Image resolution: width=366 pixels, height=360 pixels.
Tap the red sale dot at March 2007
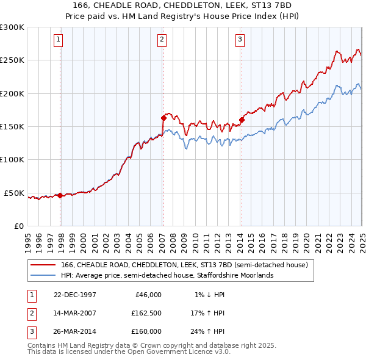[x=163, y=118]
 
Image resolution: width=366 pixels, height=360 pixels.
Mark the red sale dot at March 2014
[x=242, y=120]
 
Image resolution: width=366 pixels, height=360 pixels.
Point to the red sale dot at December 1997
[x=60, y=195]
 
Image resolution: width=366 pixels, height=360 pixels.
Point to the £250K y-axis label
[x=12, y=60]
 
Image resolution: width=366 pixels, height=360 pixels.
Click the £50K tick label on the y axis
[x=15, y=193]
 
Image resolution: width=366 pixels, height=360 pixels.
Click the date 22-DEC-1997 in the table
[x=75, y=295]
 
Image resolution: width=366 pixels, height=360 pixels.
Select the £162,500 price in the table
[x=146, y=313]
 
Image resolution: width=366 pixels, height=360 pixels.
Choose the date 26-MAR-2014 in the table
[x=75, y=331]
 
